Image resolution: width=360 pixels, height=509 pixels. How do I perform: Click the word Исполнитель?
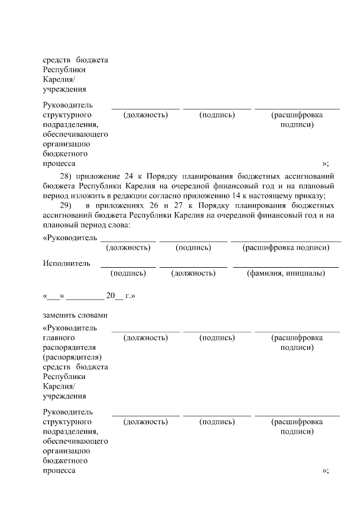coord(63,263)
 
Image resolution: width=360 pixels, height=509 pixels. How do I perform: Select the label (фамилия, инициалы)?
coord(286,273)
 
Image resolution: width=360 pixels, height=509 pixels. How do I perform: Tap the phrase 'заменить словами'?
coord(75,315)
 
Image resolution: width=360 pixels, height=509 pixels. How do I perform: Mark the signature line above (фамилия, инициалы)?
coord(286,267)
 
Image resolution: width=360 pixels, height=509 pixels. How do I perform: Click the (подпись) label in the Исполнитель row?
coord(129,273)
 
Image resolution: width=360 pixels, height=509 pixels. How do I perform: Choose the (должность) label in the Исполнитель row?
coord(193,273)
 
